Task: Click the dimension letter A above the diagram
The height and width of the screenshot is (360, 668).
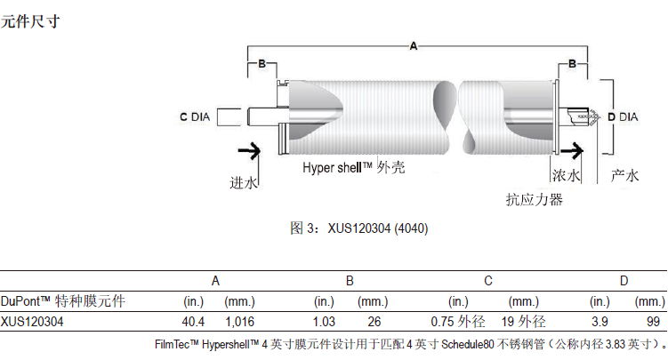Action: point(413,44)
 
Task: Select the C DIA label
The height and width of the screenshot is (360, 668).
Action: point(196,116)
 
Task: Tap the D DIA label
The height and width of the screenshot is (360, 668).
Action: point(622,116)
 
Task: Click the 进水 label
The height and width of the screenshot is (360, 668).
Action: point(244,182)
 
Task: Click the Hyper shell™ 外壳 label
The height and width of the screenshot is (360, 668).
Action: point(354,168)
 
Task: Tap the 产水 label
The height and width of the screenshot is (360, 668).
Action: point(625,175)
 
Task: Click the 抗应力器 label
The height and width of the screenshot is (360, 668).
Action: point(534,200)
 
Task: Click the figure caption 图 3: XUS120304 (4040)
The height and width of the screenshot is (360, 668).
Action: point(360,228)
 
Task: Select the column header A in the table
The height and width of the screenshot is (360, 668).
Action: point(215,281)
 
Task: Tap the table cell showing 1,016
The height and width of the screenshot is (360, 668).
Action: point(240,321)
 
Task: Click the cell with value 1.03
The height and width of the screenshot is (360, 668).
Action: point(324,321)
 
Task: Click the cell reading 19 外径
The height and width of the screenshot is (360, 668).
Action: point(522,321)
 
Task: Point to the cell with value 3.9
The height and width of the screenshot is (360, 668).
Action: point(600,321)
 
